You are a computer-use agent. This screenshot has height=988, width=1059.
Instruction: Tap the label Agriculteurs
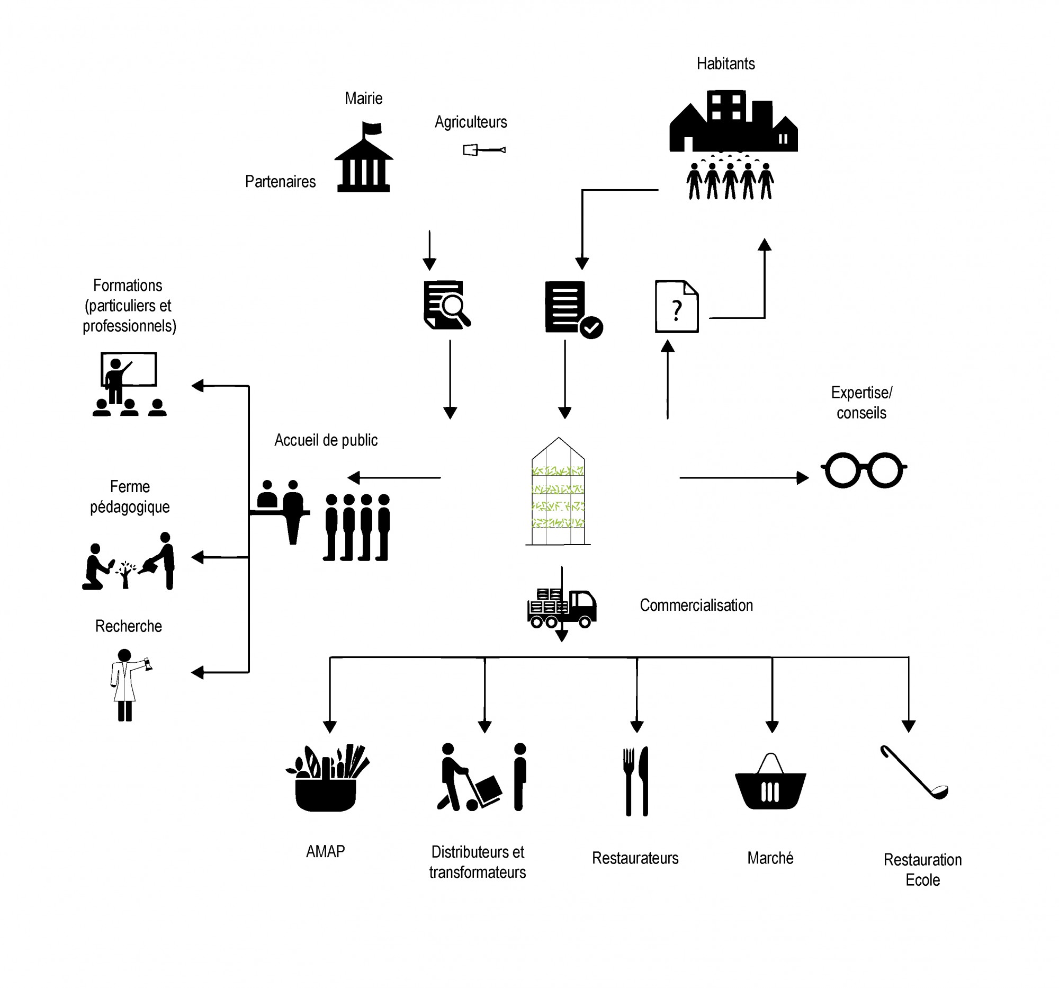point(470,122)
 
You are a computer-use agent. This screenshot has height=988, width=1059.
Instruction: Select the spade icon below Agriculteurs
point(483,150)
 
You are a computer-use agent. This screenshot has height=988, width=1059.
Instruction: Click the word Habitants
point(725,64)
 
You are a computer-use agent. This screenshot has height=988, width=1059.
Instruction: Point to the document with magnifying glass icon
point(446,305)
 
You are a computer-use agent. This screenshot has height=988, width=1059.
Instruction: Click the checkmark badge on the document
point(591,327)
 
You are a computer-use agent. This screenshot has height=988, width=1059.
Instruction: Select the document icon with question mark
point(676,307)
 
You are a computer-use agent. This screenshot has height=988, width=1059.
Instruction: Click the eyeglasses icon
point(863,469)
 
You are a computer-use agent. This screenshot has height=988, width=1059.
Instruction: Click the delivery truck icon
point(561,608)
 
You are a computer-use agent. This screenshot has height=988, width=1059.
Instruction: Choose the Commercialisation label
point(696,606)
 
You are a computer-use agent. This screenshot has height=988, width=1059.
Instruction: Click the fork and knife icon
point(636,781)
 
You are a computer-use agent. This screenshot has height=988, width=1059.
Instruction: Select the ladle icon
point(913,772)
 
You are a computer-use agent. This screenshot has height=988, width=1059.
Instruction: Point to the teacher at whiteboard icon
point(128,384)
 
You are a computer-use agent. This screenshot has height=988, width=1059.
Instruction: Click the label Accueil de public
point(326,440)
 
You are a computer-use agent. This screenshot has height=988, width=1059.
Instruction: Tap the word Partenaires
point(280,182)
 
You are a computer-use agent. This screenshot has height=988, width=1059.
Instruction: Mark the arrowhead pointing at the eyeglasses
point(802,477)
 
